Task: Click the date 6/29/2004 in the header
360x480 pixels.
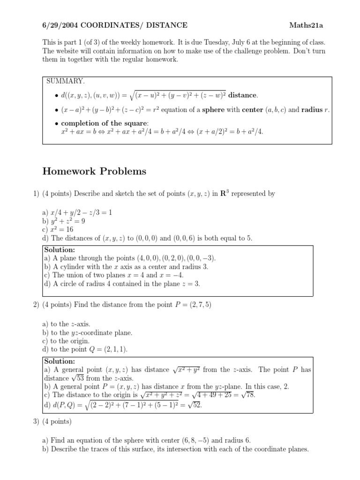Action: coord(58,25)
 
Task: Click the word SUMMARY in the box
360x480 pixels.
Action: coord(65,81)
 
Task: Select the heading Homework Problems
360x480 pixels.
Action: coord(94,172)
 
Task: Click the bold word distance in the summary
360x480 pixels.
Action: coord(242,95)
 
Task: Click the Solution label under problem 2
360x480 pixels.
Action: coord(60,361)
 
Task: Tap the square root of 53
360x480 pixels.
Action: coord(79,378)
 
